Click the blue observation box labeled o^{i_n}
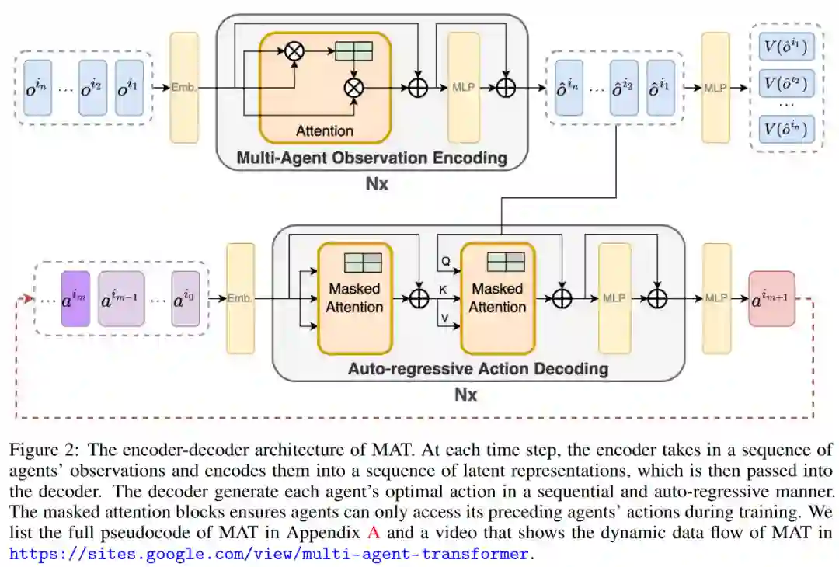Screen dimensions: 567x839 37,88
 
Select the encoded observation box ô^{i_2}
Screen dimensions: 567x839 624,88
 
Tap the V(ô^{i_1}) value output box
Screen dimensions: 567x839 786,48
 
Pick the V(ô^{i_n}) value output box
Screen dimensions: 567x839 786,128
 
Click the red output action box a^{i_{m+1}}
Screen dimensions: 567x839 771,298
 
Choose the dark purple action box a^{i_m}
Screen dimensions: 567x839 75,298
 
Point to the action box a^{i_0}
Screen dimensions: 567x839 185,298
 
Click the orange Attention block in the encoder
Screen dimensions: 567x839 325,88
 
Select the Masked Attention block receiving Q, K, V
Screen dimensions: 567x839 497,298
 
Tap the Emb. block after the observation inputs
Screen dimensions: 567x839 184,87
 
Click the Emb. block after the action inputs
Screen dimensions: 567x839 240,298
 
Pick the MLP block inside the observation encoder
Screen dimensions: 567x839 464,87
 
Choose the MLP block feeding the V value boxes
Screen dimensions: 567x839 715,87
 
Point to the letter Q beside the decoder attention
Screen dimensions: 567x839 446,262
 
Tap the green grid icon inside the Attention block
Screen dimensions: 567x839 353,51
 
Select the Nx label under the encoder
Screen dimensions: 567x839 378,185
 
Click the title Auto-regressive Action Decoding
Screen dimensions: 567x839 478,368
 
